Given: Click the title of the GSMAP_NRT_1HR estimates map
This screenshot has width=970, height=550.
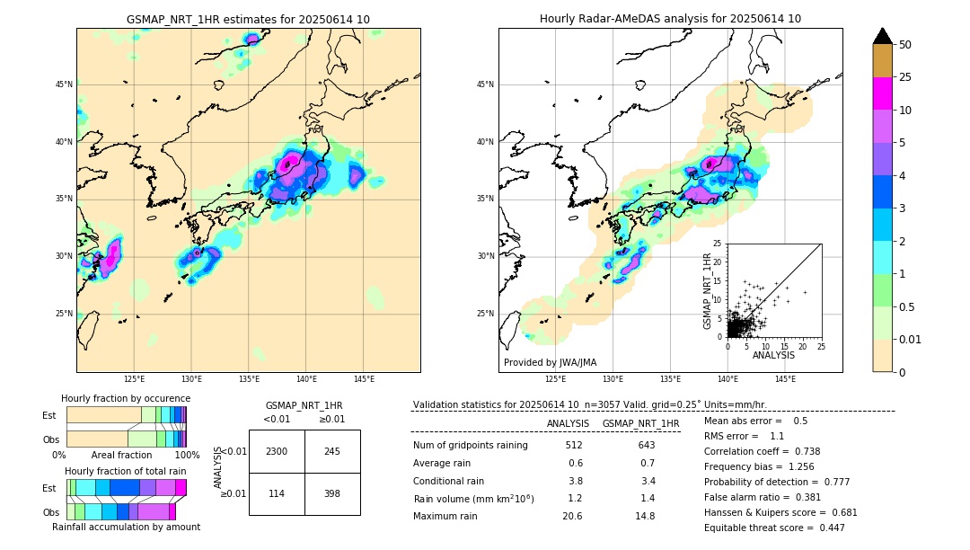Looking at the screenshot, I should click(x=248, y=19).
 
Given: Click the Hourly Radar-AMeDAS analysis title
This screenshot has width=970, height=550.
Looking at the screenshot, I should click(x=670, y=19).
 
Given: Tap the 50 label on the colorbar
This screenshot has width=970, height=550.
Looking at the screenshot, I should click(x=905, y=44).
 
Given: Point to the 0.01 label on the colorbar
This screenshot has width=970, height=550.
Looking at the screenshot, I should click(x=911, y=339).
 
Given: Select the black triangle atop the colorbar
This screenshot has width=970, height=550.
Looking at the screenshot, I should click(x=883, y=36).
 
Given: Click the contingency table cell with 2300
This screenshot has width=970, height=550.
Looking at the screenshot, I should click(x=277, y=451).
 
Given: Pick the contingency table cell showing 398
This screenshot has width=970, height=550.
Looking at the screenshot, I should click(x=332, y=493).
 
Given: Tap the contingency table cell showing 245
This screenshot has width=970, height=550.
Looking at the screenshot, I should click(x=332, y=451).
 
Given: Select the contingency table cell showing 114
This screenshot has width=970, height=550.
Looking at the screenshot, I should click(x=277, y=493).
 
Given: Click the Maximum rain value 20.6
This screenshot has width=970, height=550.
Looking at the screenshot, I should click(x=572, y=516).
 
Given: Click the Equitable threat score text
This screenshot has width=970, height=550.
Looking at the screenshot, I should click(x=774, y=528).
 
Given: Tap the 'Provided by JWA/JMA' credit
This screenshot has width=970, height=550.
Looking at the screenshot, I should click(x=550, y=362).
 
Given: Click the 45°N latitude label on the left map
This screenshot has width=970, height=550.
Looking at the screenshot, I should click(x=64, y=84).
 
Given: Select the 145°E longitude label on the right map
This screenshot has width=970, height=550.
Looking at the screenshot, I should click(x=785, y=380).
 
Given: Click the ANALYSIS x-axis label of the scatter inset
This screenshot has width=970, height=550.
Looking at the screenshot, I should click(x=773, y=355).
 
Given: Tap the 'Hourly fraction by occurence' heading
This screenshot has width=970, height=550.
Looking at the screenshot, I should click(x=126, y=398).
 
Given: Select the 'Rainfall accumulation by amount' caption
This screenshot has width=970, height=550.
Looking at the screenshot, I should click(x=126, y=527).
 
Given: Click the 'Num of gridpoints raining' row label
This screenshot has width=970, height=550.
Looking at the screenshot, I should click(x=470, y=445).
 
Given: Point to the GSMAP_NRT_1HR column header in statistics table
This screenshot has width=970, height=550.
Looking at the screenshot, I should click(x=640, y=423).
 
